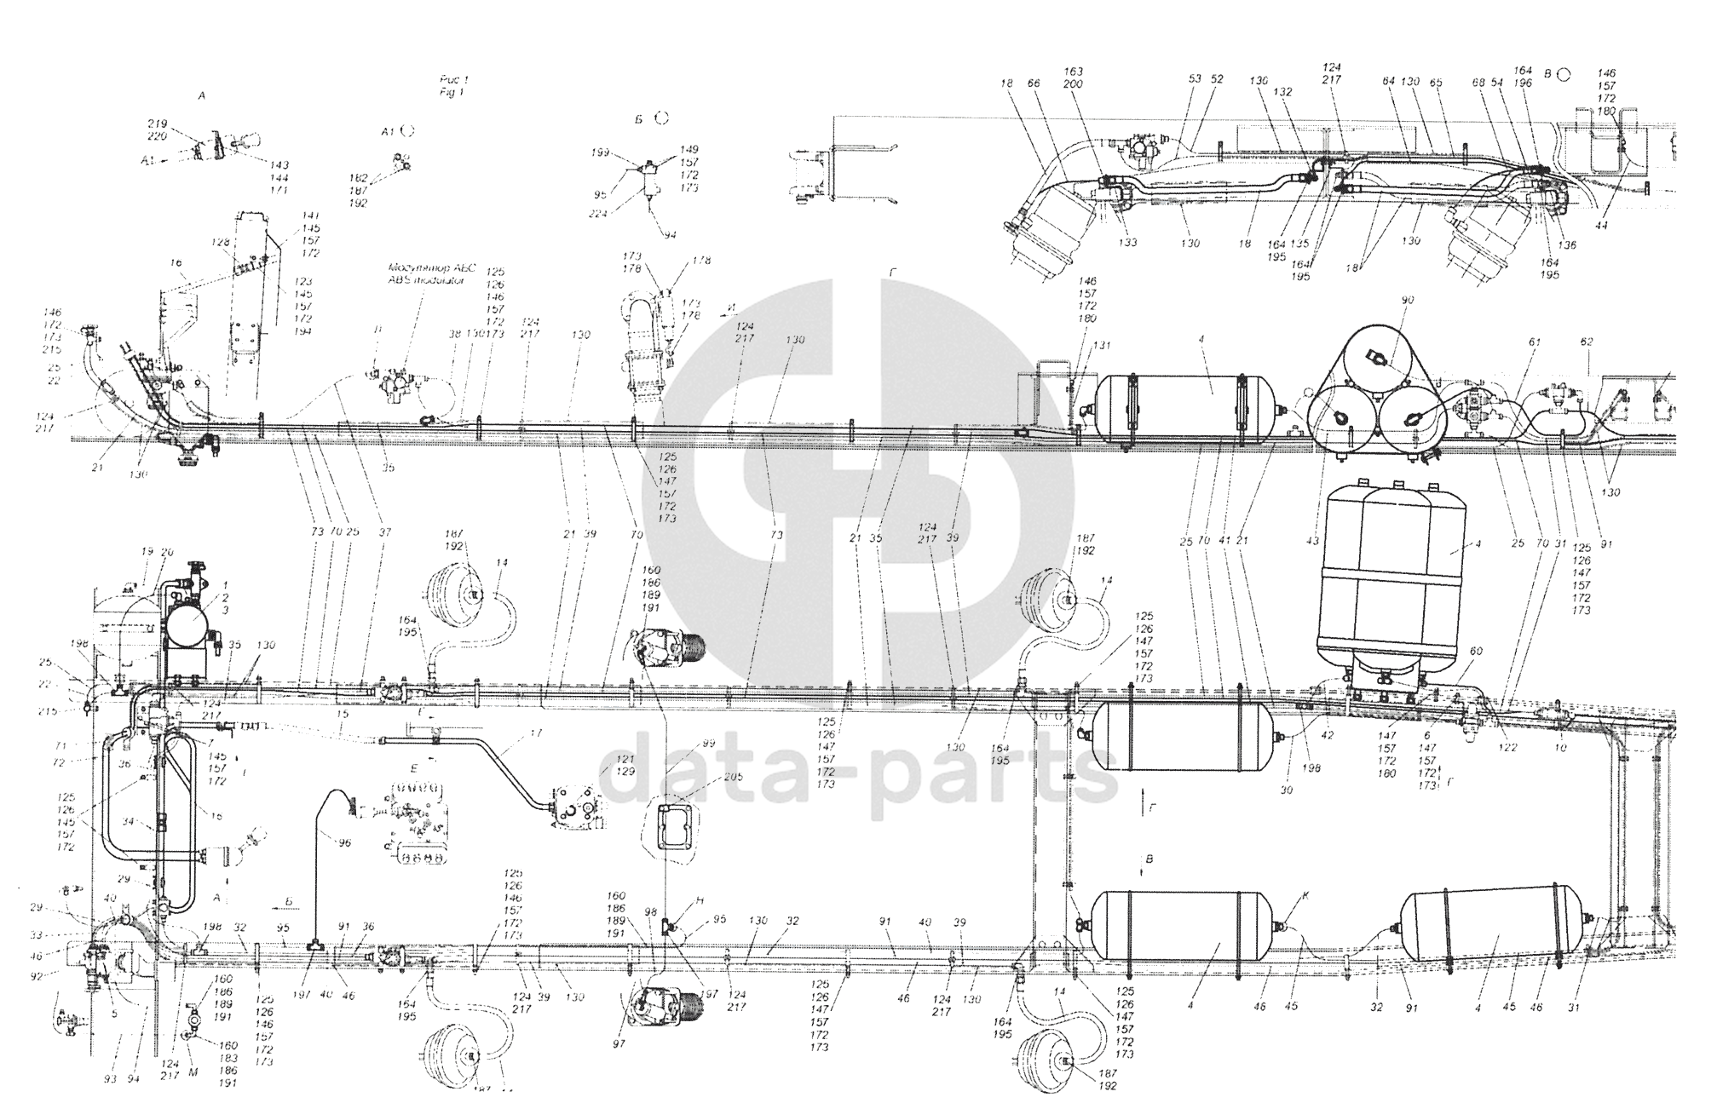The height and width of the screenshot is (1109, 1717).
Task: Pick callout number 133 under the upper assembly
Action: click(x=1128, y=243)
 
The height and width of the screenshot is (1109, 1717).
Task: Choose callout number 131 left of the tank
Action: click(x=1102, y=346)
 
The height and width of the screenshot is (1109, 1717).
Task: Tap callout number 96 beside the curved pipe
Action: click(x=344, y=843)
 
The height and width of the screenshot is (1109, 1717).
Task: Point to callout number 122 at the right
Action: click(x=1509, y=750)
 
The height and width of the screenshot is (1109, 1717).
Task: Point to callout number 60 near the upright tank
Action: click(x=1476, y=652)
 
